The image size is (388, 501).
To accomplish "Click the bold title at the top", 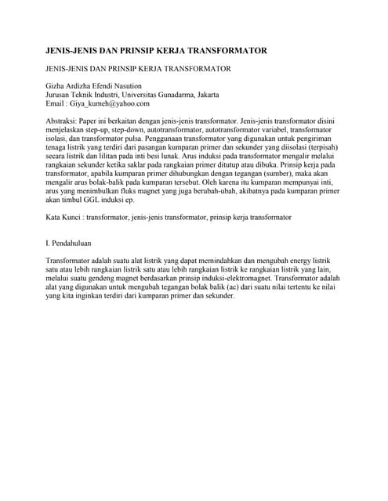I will point(157,51).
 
